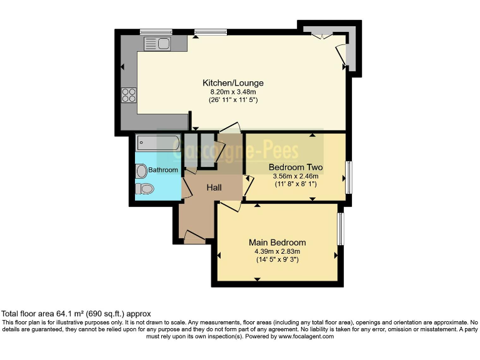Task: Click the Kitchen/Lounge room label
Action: click(232, 83)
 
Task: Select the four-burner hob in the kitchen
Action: click(129, 95)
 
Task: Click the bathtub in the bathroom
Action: click(158, 143)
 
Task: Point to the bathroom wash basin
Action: click(141, 171)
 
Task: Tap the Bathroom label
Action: click(163, 170)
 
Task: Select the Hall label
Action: click(214, 187)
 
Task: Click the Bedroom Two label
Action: click(296, 167)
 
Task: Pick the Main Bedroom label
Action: click(277, 242)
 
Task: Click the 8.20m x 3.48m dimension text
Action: click(233, 92)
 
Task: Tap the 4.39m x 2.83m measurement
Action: click(277, 251)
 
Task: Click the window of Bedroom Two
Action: click(348, 177)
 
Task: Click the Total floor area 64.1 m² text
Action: click(76, 314)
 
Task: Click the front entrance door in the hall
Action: click(194, 237)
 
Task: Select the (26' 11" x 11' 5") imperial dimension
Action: click(233, 100)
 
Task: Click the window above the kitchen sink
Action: click(156, 32)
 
